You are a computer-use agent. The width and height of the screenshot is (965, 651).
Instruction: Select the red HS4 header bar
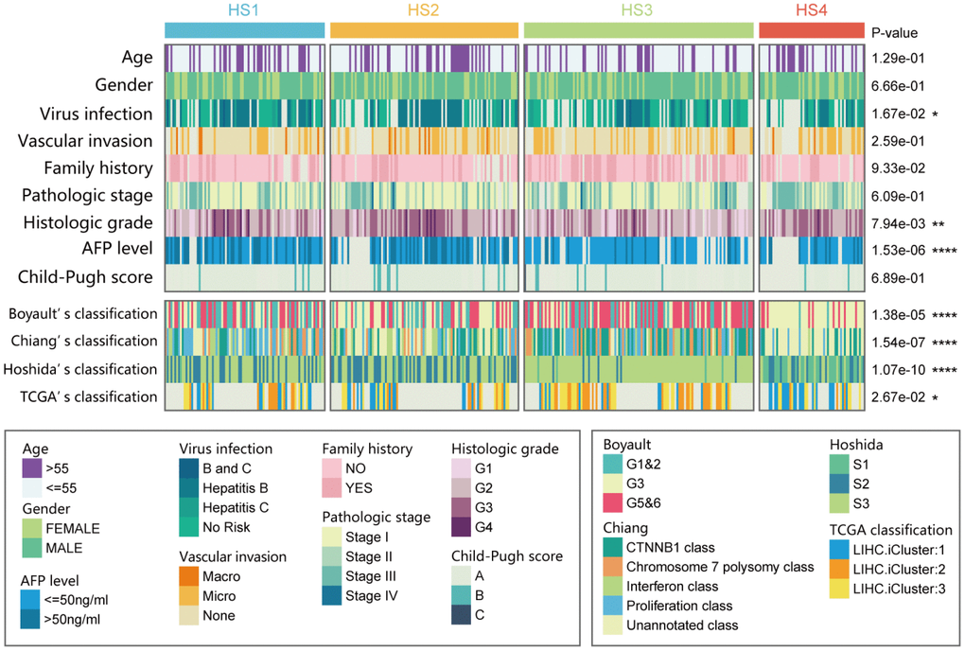(812, 30)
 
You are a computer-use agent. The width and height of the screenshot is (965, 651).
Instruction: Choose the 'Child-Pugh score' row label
(90, 279)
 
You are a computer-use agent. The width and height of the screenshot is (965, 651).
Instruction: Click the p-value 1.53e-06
(897, 251)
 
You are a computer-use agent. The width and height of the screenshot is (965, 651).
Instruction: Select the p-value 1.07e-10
(897, 369)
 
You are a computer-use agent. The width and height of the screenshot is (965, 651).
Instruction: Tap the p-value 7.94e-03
(897, 223)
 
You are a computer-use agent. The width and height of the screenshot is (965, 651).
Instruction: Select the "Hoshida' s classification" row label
(82, 369)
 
